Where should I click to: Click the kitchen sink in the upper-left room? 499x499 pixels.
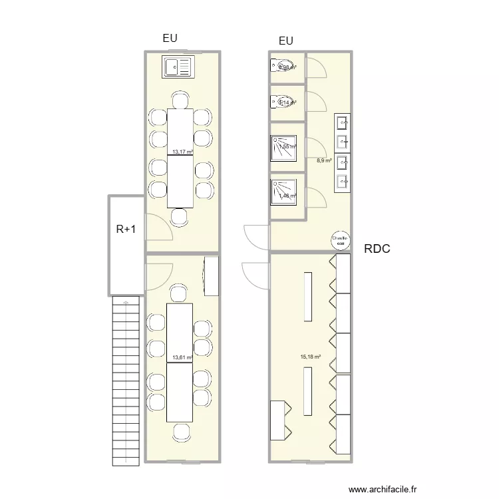178,66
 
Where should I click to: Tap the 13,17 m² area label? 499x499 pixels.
182,152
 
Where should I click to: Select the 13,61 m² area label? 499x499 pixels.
182,357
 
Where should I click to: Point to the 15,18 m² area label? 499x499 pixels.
311,357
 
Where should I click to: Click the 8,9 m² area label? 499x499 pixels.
324,160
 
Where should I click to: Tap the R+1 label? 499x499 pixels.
126,230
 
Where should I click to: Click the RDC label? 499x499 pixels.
377,249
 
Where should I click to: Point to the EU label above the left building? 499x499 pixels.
170,39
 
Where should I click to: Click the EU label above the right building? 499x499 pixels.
286,41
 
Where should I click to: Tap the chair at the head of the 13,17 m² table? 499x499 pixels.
180,100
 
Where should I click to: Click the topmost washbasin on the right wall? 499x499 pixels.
343,122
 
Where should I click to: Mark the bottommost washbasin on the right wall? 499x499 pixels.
343,180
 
